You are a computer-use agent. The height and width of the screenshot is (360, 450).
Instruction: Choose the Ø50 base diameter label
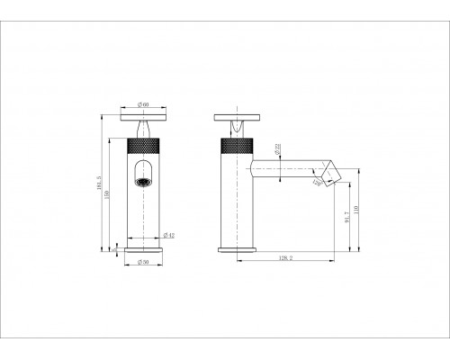(x=142, y=262)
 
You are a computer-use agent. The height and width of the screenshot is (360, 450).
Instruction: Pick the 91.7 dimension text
(x=347, y=219)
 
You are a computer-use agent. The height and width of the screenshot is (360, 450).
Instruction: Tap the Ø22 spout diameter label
(x=253, y=147)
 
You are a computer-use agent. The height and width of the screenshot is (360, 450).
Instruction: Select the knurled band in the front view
(x=142, y=144)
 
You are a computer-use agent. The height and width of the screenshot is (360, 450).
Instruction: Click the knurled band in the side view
(x=236, y=144)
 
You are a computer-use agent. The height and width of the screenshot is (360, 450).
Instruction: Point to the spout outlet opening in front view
(x=142, y=181)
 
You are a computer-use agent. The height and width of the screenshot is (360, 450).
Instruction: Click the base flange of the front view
(x=142, y=249)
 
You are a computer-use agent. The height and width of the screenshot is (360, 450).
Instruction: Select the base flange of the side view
(x=236, y=249)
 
